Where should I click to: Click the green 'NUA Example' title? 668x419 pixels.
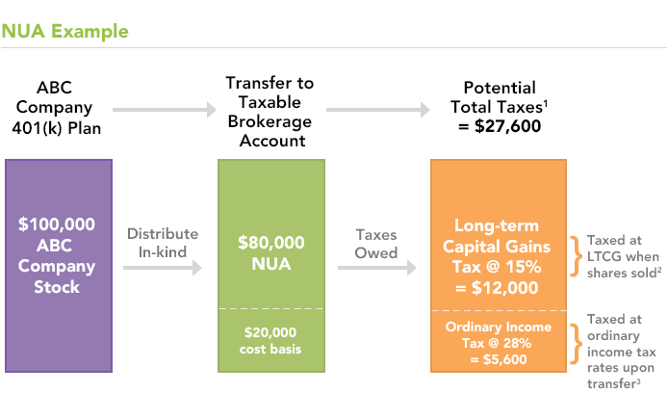click(x=64, y=31)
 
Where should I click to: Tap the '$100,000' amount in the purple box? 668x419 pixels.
click(x=57, y=224)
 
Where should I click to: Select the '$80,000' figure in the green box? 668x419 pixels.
click(x=271, y=243)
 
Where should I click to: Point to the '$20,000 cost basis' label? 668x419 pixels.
click(x=270, y=341)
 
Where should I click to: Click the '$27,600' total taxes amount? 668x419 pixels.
click(x=508, y=126)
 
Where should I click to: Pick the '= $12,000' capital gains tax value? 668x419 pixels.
click(x=497, y=288)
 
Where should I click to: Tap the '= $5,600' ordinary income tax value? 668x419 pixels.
click(x=499, y=359)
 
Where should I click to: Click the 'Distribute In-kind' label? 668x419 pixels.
click(x=163, y=243)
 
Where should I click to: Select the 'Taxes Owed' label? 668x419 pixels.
click(x=376, y=244)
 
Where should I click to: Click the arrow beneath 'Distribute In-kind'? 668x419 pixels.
click(x=163, y=268)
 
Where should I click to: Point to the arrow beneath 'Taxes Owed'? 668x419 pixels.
click(x=377, y=268)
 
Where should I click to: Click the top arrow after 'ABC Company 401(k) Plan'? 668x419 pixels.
click(x=165, y=110)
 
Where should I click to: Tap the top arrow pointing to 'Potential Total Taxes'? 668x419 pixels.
click(x=378, y=110)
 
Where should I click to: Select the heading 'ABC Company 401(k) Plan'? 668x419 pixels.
click(x=56, y=108)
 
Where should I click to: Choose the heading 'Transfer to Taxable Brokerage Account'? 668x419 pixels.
click(x=270, y=112)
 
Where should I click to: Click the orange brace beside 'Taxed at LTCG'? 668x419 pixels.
click(x=577, y=256)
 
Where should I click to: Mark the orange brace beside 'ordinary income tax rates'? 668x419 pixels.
click(x=577, y=344)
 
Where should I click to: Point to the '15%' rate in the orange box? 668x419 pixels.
click(x=524, y=267)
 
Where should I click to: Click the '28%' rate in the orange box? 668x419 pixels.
click(x=517, y=343)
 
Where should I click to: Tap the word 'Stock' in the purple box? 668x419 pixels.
click(x=57, y=287)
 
